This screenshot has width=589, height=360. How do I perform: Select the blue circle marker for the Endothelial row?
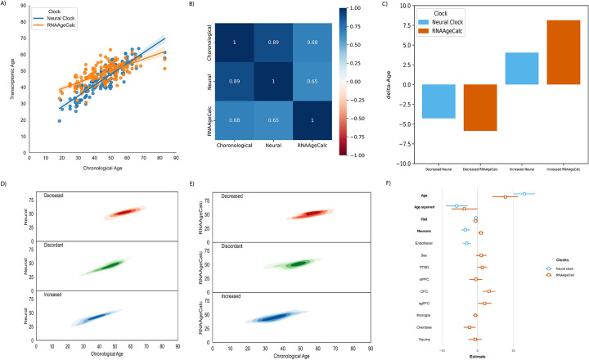pyautogui.click(x=466, y=243)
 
